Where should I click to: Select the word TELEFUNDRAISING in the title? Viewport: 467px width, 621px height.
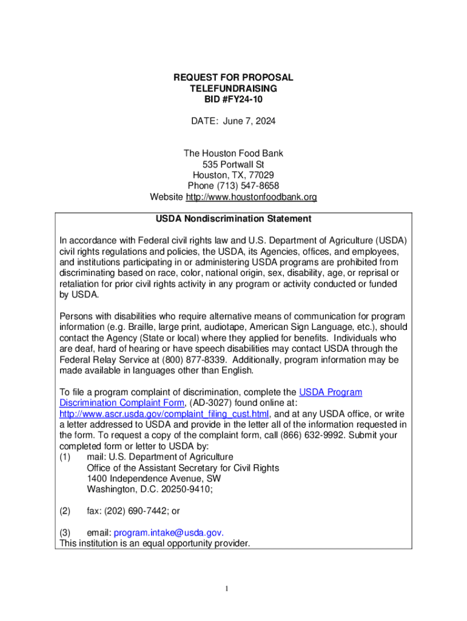tap(233, 89)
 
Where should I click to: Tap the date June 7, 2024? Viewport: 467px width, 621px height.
tap(249, 121)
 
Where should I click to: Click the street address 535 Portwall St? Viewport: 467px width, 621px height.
tap(233, 164)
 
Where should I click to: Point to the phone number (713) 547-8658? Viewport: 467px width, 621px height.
tap(250, 186)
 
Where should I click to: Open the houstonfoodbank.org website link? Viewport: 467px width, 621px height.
tap(251, 197)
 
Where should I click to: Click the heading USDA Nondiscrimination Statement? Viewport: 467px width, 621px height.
tap(233, 218)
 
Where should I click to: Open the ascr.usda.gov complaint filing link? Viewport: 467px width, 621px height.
tap(164, 414)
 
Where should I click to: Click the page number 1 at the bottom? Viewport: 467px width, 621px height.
tap(226, 588)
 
